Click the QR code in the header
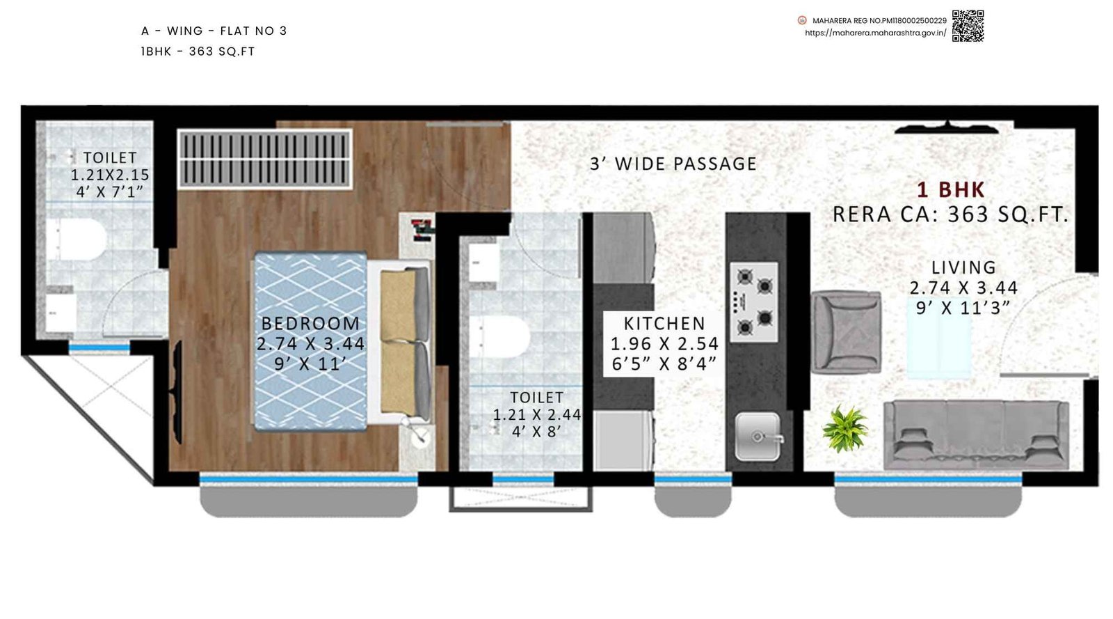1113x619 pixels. pyautogui.click(x=968, y=26)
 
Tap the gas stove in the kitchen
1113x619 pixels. pyautogui.click(x=754, y=301)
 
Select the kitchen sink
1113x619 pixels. pyautogui.click(x=758, y=436)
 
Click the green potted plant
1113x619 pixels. pyautogui.click(x=844, y=428)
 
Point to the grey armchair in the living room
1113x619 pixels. pyautogui.click(x=846, y=331)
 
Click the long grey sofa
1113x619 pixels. pyautogui.click(x=976, y=434)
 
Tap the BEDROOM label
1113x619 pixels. pyautogui.click(x=310, y=324)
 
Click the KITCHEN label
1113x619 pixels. pyautogui.click(x=664, y=324)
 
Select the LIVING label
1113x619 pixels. pyautogui.click(x=963, y=267)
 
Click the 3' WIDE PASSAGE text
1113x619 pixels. pyautogui.click(x=673, y=164)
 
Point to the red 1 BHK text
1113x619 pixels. pyautogui.click(x=950, y=189)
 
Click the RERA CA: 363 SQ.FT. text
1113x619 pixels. pyautogui.click(x=950, y=214)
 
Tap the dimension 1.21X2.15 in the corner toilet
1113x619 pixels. pyautogui.click(x=110, y=175)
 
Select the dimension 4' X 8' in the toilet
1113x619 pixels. pyautogui.click(x=536, y=432)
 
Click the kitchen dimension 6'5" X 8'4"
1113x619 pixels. pyautogui.click(x=664, y=363)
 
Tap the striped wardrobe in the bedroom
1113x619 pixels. pyautogui.click(x=265, y=159)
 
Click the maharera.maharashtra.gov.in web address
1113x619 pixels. pyautogui.click(x=875, y=33)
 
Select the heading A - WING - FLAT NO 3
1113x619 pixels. pyautogui.click(x=214, y=31)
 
